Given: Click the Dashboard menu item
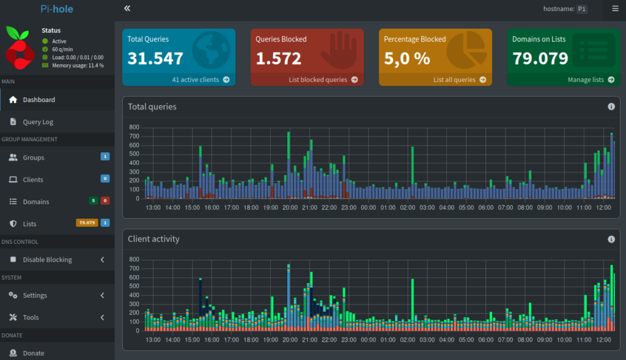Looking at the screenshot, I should [39, 100].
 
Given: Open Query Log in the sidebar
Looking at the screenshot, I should [39, 122].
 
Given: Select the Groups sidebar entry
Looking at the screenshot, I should [34, 158].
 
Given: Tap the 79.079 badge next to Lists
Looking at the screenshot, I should [87, 223].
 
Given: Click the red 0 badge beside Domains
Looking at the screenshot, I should [105, 201].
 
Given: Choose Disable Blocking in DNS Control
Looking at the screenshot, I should [47, 260].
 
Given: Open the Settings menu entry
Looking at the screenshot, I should [35, 295].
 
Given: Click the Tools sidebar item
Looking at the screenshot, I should [31, 317].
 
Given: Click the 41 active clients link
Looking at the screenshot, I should [201, 79].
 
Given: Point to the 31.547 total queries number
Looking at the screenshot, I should [155, 59].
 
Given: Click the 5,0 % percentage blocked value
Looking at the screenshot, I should [407, 59].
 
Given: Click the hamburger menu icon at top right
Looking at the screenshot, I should [615, 9].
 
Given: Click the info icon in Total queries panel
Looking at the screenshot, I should [611, 106].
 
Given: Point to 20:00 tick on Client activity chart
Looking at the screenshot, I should [290, 339].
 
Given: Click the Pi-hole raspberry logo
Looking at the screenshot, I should [20, 46].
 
